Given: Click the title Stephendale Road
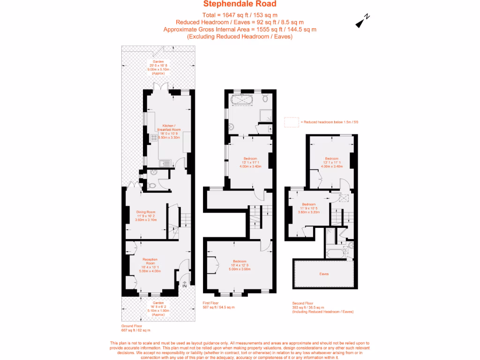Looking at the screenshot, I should pyautogui.click(x=240, y=5).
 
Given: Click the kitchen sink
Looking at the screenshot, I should pyautogui.click(x=165, y=163).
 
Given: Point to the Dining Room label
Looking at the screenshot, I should pyautogui.click(x=145, y=211).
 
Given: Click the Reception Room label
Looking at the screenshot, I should pyautogui.click(x=150, y=261).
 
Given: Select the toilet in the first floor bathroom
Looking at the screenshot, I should pyautogui.click(x=265, y=99).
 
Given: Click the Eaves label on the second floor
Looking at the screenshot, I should pyautogui.click(x=324, y=274).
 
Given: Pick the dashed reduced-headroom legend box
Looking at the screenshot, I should pyautogui.click(x=291, y=122).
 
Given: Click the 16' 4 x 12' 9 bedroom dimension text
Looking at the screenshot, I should pyautogui.click(x=240, y=265).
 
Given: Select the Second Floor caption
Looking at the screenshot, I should pyautogui.click(x=302, y=303).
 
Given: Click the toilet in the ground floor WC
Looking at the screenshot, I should pyautogui.click(x=150, y=186).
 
